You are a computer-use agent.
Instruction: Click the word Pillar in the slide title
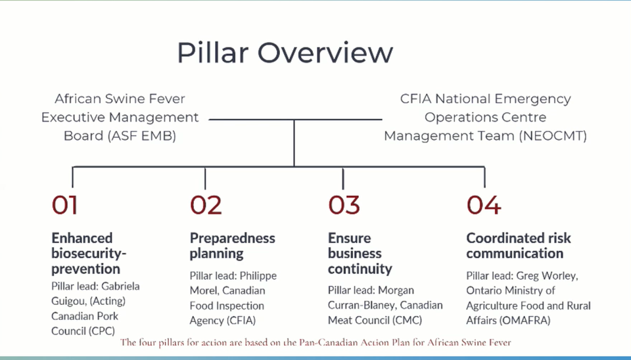click(x=212, y=53)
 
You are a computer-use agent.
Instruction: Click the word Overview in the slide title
click(x=325, y=53)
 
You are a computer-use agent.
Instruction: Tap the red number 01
click(x=64, y=205)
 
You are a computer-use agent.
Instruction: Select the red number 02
click(x=206, y=205)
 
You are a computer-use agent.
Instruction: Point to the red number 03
click(x=344, y=205)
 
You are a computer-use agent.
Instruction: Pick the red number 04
click(x=484, y=205)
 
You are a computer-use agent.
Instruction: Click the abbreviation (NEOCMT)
click(x=553, y=136)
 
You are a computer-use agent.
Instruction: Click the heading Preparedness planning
click(x=233, y=246)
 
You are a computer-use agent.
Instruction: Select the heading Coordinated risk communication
click(x=519, y=246)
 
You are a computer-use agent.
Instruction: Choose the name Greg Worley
click(x=547, y=277)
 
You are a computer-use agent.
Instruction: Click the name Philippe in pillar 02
click(x=258, y=277)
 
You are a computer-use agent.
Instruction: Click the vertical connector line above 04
click(x=484, y=177)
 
